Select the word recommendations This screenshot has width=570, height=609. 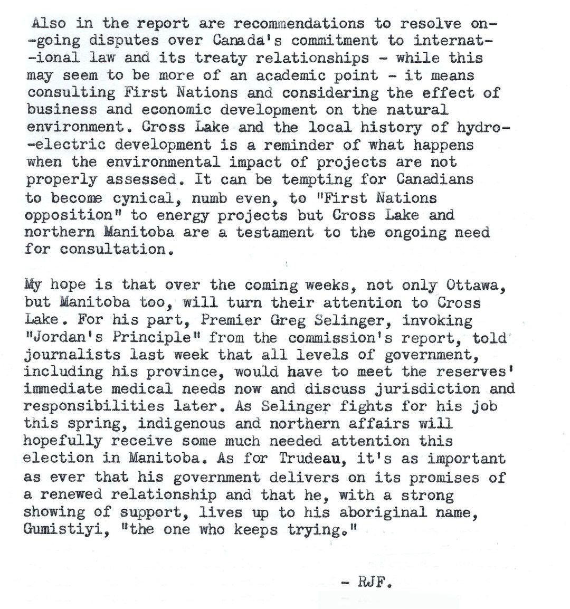pyautogui.click(x=299, y=24)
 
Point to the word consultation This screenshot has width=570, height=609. pyautogui.click(x=116, y=250)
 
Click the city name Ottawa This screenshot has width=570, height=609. pyautogui.click(x=472, y=285)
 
